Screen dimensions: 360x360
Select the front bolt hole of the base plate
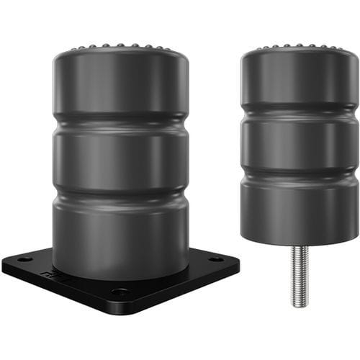coord(120,292)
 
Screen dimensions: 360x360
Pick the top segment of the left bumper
coord(120,86)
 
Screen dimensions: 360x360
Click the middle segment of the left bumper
coord(120,158)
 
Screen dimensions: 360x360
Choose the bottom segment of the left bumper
coord(120,230)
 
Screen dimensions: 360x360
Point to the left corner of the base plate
coord(6,264)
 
